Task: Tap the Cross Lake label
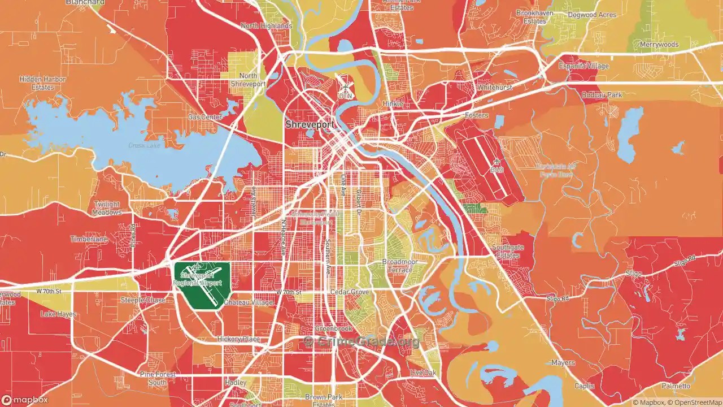[x=144, y=146]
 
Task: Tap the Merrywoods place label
[x=659, y=44]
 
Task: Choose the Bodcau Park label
[x=602, y=95]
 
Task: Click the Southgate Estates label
[x=508, y=252]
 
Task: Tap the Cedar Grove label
[x=350, y=292]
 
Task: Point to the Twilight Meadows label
[x=107, y=208]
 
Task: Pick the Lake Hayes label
[x=58, y=314]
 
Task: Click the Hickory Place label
[x=238, y=339]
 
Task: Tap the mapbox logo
[x=28, y=400]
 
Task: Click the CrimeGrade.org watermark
[x=362, y=341]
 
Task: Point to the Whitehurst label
[x=494, y=88]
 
